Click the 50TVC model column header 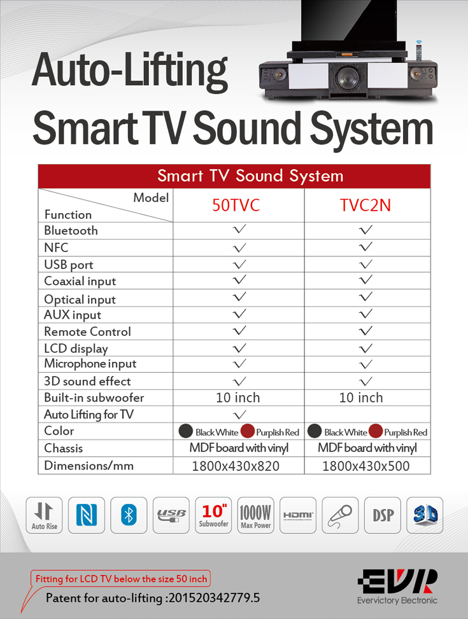[236, 205]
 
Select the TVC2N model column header [365, 205]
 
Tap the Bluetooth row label [71, 230]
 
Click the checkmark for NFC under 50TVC [239, 248]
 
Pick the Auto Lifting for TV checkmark [239, 415]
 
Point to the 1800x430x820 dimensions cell [236, 466]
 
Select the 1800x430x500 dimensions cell [365, 466]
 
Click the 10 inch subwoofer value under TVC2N [361, 398]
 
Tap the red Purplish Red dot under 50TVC [248, 431]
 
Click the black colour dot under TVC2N [315, 431]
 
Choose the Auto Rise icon [45, 515]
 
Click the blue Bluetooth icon [129, 515]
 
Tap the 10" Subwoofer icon [213, 515]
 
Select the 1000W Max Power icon [256, 515]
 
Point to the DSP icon [383, 515]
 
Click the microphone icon [340, 515]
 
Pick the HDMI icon [298, 515]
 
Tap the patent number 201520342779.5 [214, 597]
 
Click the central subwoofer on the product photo [348, 78]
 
